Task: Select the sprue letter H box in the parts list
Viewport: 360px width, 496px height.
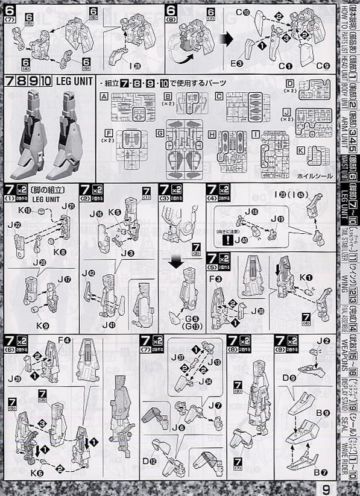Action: pos(212,134)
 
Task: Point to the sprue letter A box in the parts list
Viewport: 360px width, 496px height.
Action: pos(104,96)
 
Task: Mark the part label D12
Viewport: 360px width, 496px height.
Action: pos(148,462)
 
